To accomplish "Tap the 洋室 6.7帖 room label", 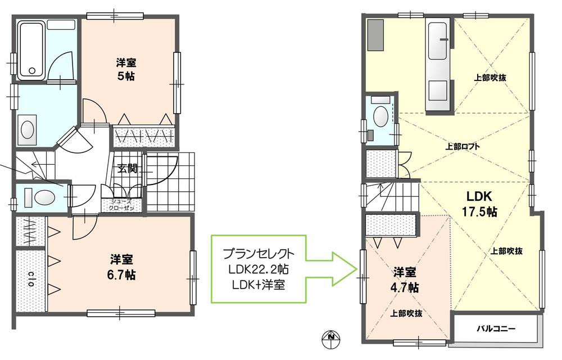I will (122, 267).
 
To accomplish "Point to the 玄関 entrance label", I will (128, 168).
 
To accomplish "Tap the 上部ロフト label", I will (463, 146).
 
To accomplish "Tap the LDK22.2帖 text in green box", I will (258, 268).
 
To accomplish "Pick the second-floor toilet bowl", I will (380, 117).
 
